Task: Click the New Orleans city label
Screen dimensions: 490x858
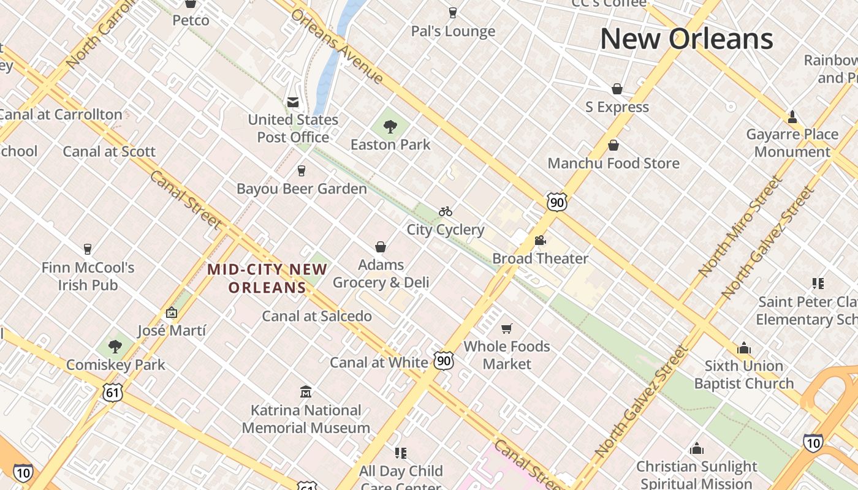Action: click(x=686, y=39)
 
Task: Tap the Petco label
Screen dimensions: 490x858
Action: click(x=191, y=20)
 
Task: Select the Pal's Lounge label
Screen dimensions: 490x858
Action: click(x=453, y=31)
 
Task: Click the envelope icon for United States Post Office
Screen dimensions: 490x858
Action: click(x=293, y=102)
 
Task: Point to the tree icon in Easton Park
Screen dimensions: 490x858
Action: click(x=390, y=127)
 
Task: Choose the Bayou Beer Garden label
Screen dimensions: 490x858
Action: click(x=302, y=189)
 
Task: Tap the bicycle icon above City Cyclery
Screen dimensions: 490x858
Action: click(x=446, y=212)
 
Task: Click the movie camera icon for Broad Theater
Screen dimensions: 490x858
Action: click(x=540, y=241)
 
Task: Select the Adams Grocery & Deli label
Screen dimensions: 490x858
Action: click(x=381, y=273)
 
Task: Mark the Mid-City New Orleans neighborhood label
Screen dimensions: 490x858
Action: click(x=267, y=278)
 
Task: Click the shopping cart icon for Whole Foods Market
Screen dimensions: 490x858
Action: click(x=506, y=329)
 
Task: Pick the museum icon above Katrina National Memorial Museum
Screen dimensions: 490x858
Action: click(x=306, y=392)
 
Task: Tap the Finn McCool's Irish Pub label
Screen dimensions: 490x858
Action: click(x=88, y=276)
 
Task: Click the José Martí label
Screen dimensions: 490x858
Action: click(x=172, y=331)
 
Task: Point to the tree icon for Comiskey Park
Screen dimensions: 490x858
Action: click(x=115, y=347)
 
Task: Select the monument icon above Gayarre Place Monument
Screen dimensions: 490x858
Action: click(x=792, y=116)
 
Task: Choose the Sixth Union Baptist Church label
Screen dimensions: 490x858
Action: click(x=744, y=375)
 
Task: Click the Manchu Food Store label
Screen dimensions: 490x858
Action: click(x=613, y=164)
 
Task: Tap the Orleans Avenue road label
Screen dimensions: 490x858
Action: click(x=337, y=46)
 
